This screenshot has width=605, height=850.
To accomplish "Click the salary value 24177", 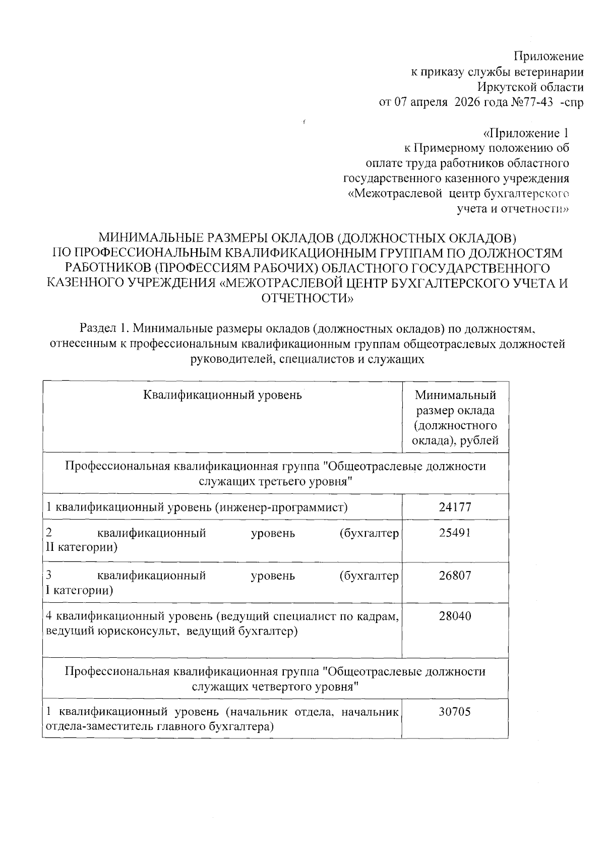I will click(x=455, y=506).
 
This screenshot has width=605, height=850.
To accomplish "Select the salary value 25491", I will click(x=455, y=533).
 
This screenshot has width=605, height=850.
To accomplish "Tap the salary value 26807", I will click(x=455, y=576).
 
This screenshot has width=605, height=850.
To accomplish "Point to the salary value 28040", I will click(x=455, y=616).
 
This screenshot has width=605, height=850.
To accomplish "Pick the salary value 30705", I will click(x=455, y=712).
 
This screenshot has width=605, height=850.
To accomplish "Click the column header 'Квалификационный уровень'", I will click(x=222, y=394).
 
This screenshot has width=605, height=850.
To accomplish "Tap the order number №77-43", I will click(x=538, y=102).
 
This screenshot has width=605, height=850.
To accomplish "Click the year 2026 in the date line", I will click(x=468, y=102).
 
